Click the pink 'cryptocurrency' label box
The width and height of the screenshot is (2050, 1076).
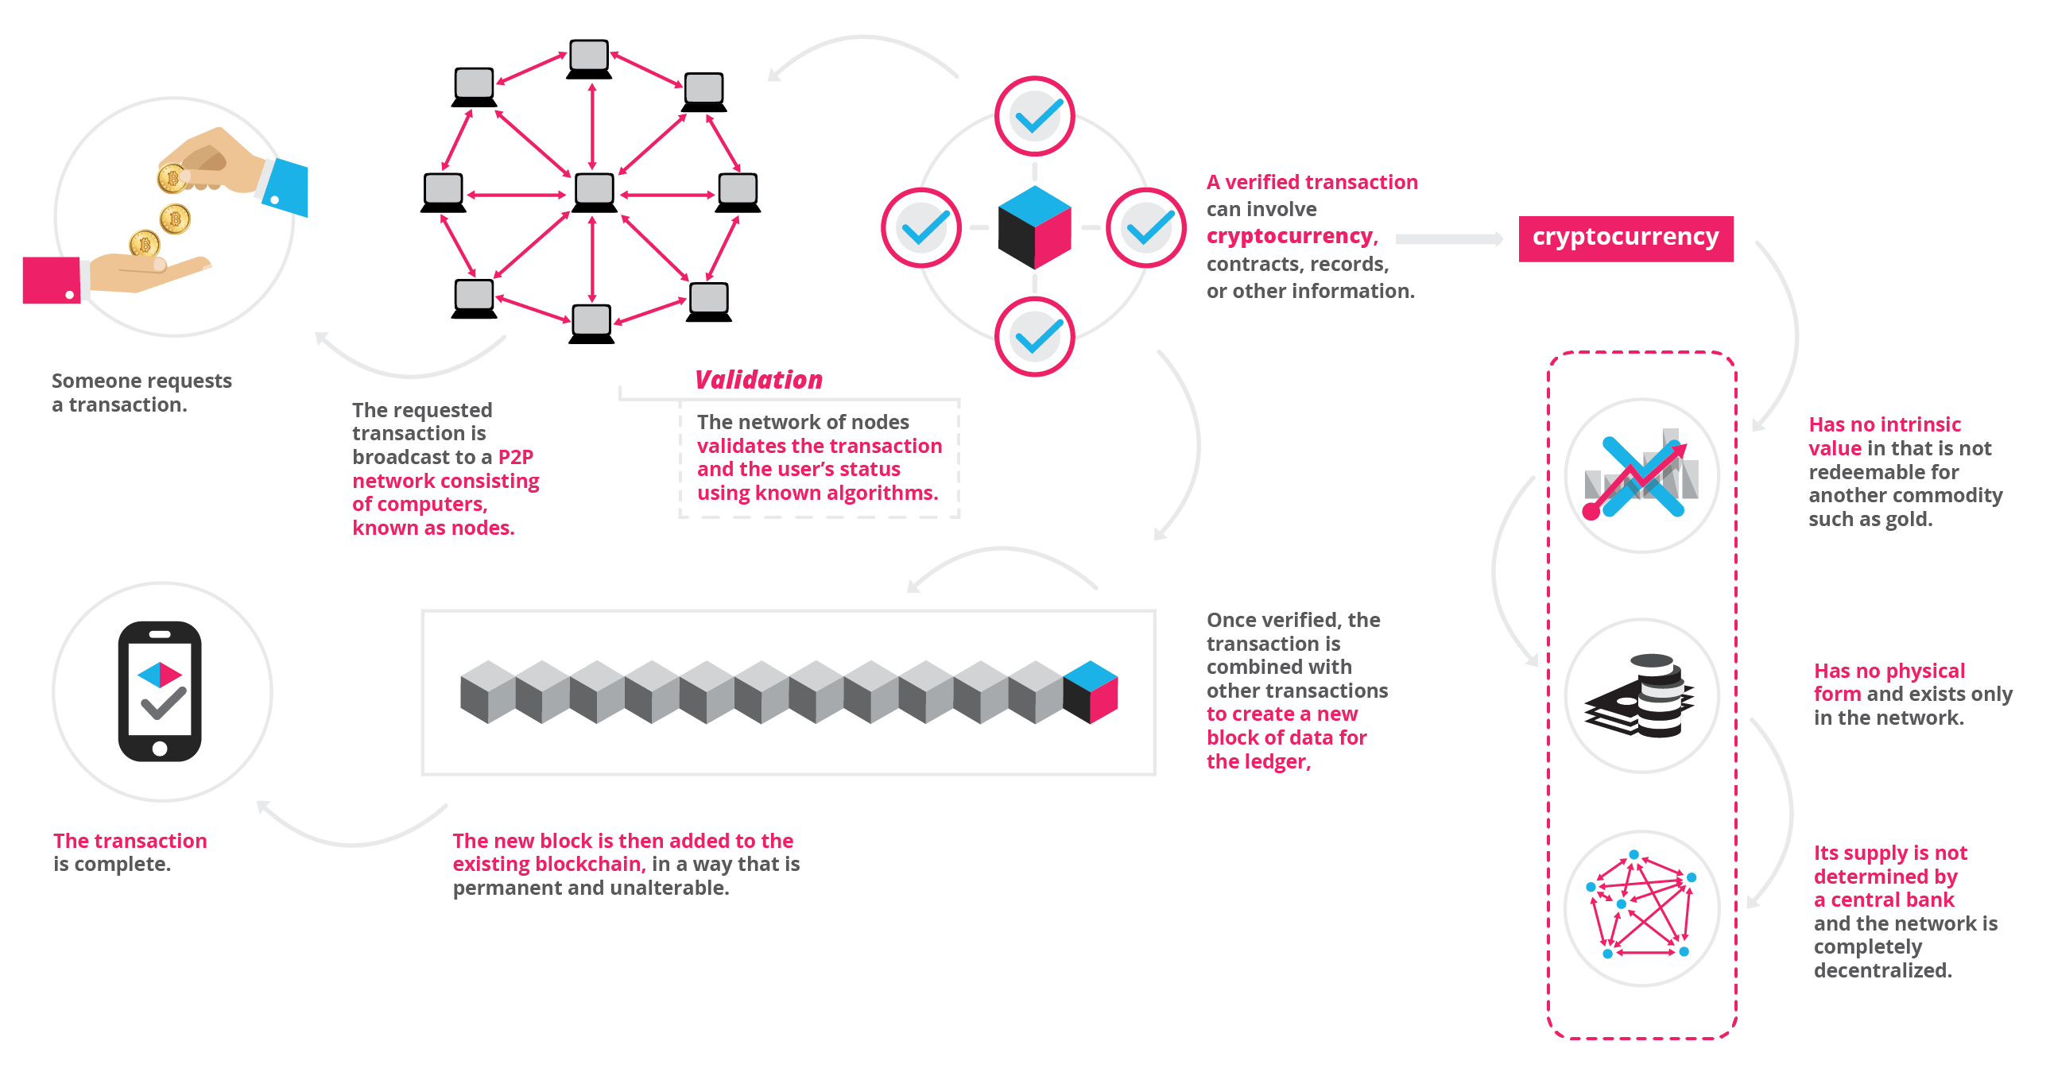point(1625,238)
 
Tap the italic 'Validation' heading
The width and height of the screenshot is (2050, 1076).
point(758,380)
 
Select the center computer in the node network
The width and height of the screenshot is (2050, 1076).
point(594,192)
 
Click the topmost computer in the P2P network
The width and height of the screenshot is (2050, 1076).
point(589,58)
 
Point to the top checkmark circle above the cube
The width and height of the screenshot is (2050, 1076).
point(1034,116)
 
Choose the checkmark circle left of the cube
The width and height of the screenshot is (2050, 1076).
point(920,227)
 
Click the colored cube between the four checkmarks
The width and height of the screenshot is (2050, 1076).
point(1034,227)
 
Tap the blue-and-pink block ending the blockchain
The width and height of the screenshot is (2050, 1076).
point(1091,691)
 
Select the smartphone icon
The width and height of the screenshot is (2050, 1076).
point(160,691)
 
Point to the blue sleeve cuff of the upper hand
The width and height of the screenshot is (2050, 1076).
point(285,188)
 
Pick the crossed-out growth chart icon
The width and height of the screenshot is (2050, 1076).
point(1641,476)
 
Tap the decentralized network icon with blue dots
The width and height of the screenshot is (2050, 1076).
point(1641,908)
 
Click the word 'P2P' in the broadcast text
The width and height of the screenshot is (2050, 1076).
point(516,457)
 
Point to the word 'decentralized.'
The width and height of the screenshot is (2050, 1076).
point(1882,970)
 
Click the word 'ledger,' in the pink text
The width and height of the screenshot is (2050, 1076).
point(1272,761)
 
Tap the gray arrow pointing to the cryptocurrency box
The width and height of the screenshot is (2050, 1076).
point(1448,238)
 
